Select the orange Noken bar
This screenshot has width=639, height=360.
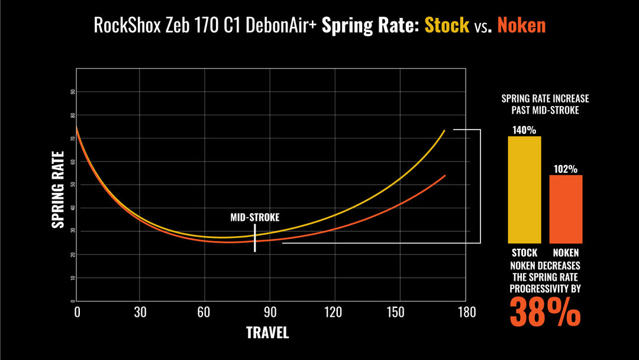pyautogui.click(x=566, y=209)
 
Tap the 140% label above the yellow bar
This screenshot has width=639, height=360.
pyautogui.click(x=524, y=129)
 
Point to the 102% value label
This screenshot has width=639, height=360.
pyautogui.click(x=566, y=169)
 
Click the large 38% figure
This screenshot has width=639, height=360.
pyautogui.click(x=545, y=311)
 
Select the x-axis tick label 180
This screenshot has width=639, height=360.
pyautogui.click(x=467, y=313)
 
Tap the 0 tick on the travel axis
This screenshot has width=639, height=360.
pyautogui.click(x=77, y=313)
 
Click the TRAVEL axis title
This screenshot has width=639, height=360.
pyautogui.click(x=267, y=333)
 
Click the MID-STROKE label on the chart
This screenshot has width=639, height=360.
pyautogui.click(x=255, y=217)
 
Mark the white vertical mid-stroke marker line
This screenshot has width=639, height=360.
pyautogui.click(x=255, y=238)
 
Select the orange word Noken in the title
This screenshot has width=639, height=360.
pyautogui.click(x=521, y=25)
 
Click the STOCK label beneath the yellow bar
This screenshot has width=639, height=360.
pyautogui.click(x=524, y=253)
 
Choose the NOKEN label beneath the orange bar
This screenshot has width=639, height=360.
pyautogui.click(x=566, y=253)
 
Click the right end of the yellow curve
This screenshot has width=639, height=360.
pyautogui.click(x=444, y=130)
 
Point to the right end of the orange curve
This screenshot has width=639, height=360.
pyautogui.click(x=445, y=175)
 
